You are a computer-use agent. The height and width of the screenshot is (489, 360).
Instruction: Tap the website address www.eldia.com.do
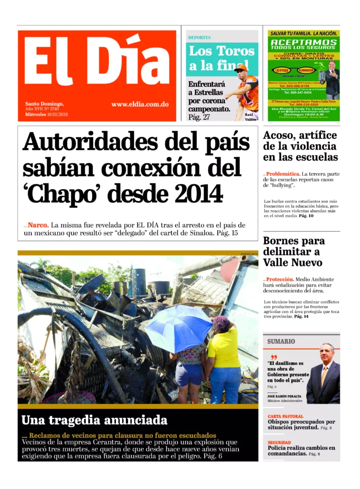(x=139, y=104)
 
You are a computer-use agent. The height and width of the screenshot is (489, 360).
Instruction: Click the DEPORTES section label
(x=199, y=37)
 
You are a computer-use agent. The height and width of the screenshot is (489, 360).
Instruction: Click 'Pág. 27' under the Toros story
(x=199, y=117)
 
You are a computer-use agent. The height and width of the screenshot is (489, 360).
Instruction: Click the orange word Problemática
(x=283, y=174)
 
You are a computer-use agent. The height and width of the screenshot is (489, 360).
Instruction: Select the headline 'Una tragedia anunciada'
(x=95, y=420)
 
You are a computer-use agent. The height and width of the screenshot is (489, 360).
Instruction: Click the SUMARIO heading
(x=281, y=341)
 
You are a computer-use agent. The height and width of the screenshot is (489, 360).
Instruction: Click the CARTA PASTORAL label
(x=286, y=416)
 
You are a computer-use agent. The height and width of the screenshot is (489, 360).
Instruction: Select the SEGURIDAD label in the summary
(x=279, y=443)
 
